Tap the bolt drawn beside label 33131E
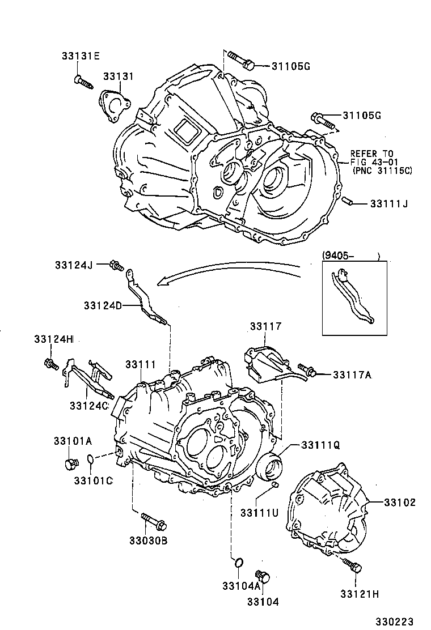click(x=83, y=83)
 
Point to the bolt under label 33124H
click(x=50, y=364)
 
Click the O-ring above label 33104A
click(x=239, y=563)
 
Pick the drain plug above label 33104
click(x=262, y=576)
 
